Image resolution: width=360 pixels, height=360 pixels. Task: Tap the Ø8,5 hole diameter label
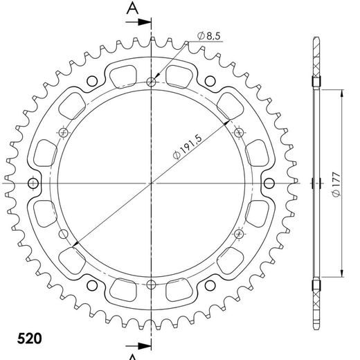[208, 35]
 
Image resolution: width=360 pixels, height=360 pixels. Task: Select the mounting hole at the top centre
[151, 84]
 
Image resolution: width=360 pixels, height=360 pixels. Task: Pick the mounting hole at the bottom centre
[151, 282]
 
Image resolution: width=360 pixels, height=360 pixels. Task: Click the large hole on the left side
[33, 183]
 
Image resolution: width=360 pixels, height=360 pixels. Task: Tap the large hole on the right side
[269, 183]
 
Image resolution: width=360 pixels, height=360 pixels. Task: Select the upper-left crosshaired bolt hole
[65, 133]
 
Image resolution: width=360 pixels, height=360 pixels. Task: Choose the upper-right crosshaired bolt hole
[237, 133]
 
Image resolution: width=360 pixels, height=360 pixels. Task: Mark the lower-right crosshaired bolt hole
[237, 233]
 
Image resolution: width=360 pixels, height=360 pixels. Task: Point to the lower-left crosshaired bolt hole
[65, 233]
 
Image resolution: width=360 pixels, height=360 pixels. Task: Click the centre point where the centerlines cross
[151, 183]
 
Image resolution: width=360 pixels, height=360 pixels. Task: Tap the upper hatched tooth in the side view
[316, 66]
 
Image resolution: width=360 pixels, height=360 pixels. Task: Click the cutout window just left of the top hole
[124, 72]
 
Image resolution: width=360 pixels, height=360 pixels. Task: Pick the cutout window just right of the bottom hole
[179, 295]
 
